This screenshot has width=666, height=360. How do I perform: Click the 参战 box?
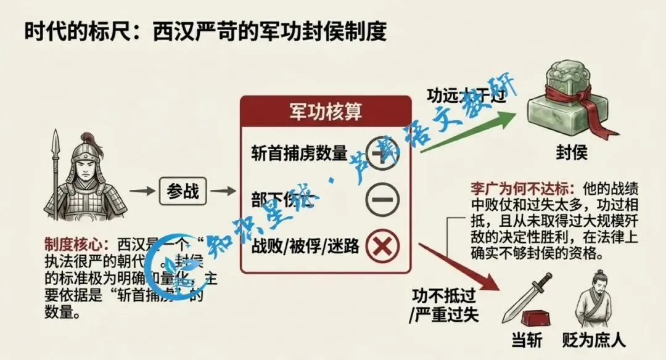pyautogui.click(x=183, y=191)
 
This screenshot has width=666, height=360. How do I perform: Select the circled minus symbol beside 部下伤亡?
pyautogui.click(x=382, y=200)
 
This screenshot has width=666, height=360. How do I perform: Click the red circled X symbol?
pyautogui.click(x=382, y=246)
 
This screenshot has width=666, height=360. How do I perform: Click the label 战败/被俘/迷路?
pyautogui.click(x=305, y=246)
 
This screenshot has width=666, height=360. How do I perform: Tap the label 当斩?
pyautogui.click(x=527, y=340)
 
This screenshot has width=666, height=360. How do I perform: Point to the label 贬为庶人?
pyautogui.click(x=593, y=340)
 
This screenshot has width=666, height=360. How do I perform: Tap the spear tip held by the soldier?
pyautogui.click(x=55, y=139)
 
